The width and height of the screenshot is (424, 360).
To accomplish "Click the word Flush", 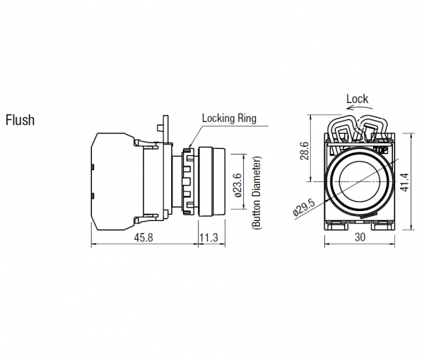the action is pos(20,120).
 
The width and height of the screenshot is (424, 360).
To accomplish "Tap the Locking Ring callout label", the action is pos(229,119).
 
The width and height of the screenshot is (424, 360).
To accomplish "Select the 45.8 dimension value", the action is pos(143,238).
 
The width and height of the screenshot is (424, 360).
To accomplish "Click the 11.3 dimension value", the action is pos(208,238).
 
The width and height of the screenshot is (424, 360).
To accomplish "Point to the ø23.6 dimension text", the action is pos(238,186).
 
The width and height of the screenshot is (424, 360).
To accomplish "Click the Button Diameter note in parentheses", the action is pos(257,193).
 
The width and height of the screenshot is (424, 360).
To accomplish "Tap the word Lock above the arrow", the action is pos(357,99).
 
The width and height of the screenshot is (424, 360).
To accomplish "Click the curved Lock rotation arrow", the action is pos(360,107).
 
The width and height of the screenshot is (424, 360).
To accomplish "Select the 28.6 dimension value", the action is pos(305,150).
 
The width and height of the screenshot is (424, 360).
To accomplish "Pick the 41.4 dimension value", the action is pos(405,183).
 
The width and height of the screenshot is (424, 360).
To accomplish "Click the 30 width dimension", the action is pos(360,237).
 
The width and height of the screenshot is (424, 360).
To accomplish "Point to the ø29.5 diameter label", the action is pos(304,207).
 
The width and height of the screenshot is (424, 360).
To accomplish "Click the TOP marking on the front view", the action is pos(380,150).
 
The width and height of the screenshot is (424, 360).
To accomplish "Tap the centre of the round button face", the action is pos(360,181).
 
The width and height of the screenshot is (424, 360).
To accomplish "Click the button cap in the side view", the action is pos(212,181).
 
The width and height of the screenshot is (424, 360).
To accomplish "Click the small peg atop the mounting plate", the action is pos(160,128).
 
